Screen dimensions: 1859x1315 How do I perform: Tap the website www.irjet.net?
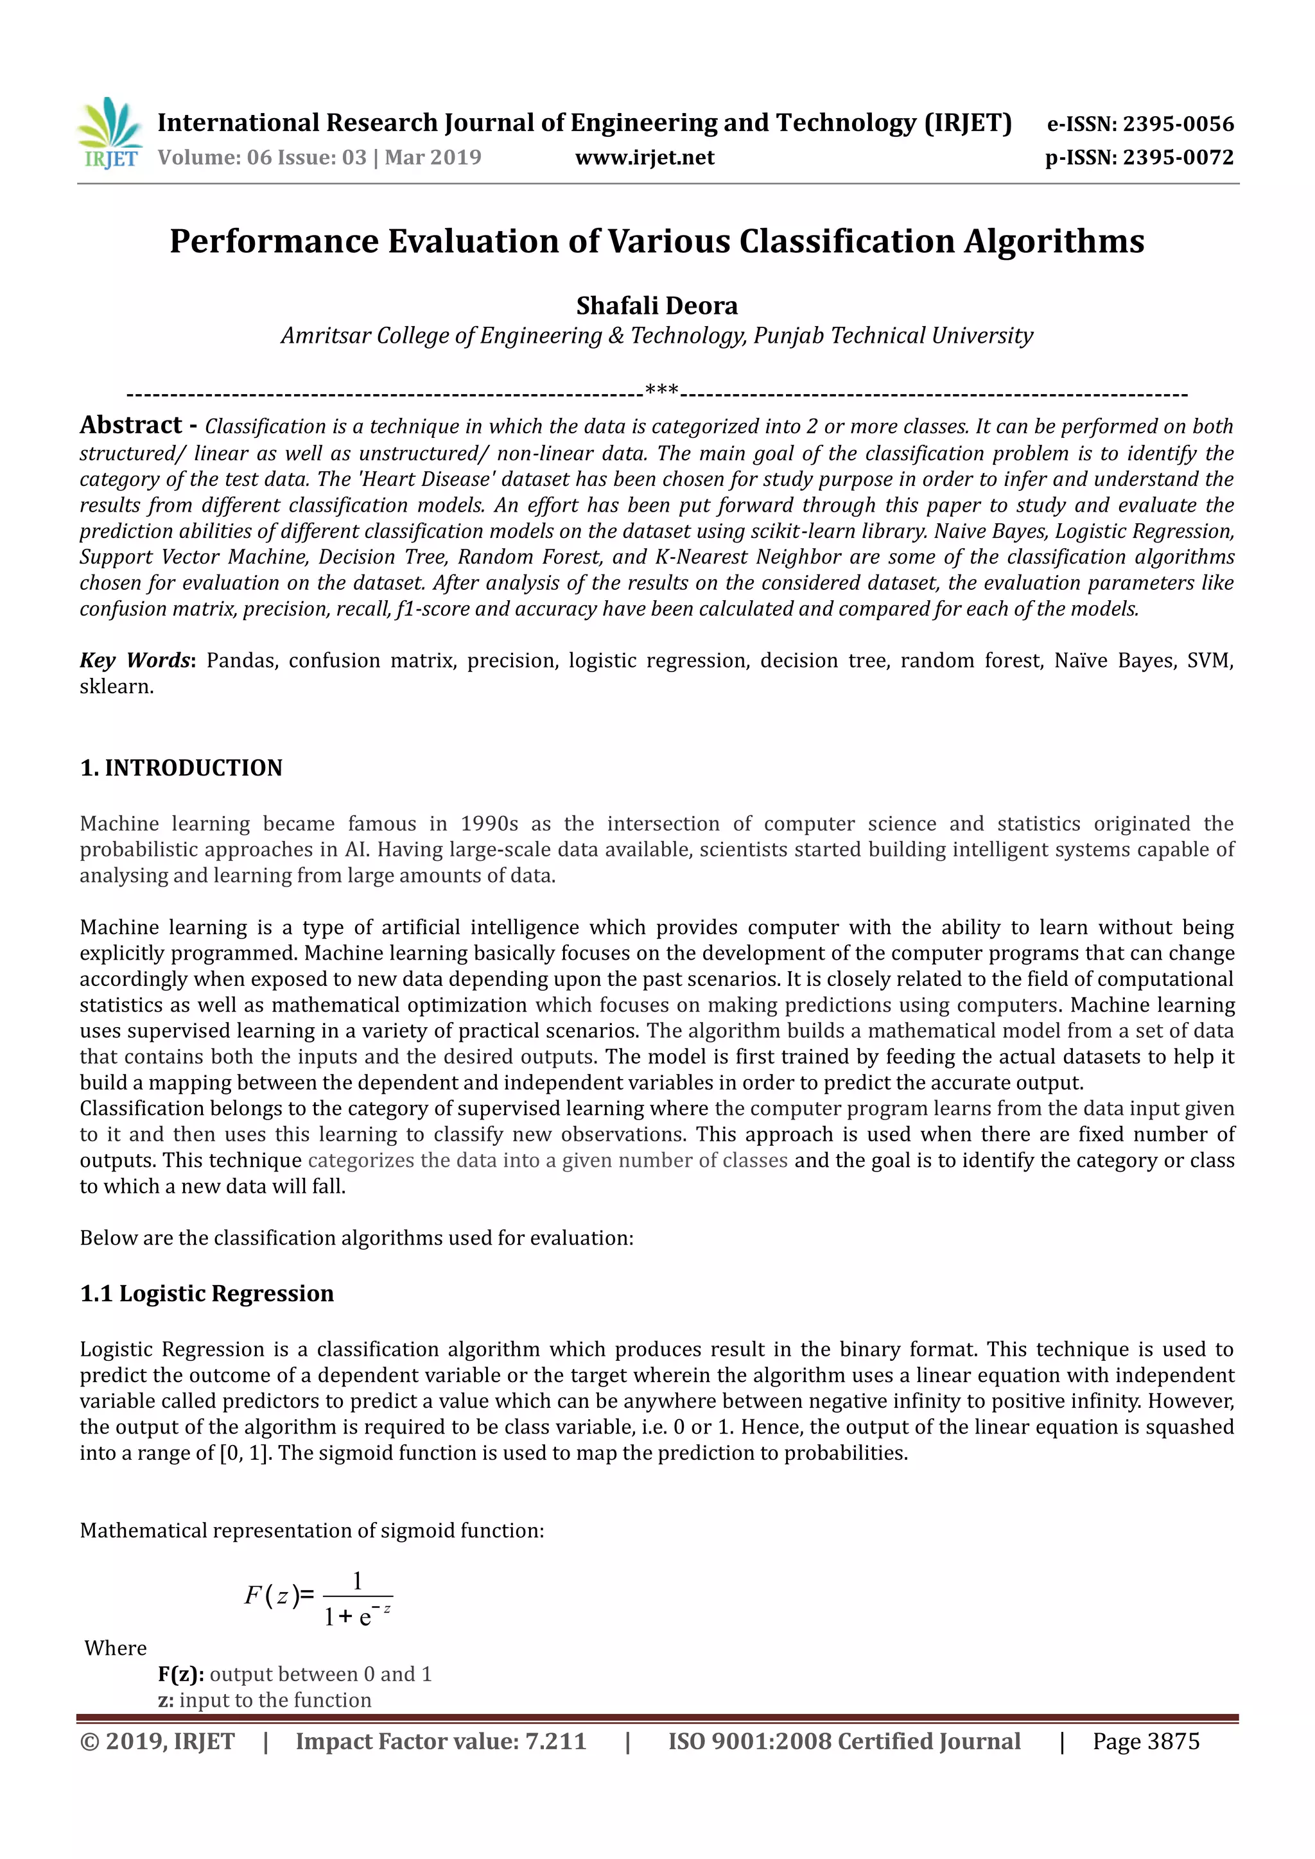[x=645, y=157]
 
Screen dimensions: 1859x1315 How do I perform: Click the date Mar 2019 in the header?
[x=433, y=157]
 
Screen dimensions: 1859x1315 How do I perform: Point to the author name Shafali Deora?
[x=657, y=306]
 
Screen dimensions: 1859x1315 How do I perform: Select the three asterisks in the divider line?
[x=661, y=392]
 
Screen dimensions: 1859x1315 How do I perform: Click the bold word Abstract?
[x=130, y=425]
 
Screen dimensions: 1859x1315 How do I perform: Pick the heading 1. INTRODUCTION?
[x=180, y=768]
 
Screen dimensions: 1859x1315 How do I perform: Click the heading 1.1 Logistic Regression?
[x=207, y=1293]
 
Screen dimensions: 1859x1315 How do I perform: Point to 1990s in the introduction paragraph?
[x=489, y=824]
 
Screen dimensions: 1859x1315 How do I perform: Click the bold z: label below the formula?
[x=165, y=1700]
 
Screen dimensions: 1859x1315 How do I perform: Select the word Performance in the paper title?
[x=274, y=241]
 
